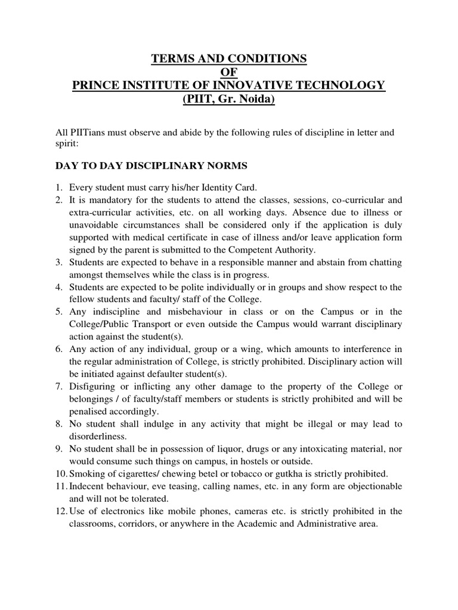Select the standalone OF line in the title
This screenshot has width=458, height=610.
pyautogui.click(x=229, y=72)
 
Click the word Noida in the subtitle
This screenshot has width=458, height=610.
pyautogui.click(x=256, y=99)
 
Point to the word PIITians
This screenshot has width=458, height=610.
pyautogui.click(x=85, y=132)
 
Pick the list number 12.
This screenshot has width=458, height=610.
pyautogui.click(x=61, y=511)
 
